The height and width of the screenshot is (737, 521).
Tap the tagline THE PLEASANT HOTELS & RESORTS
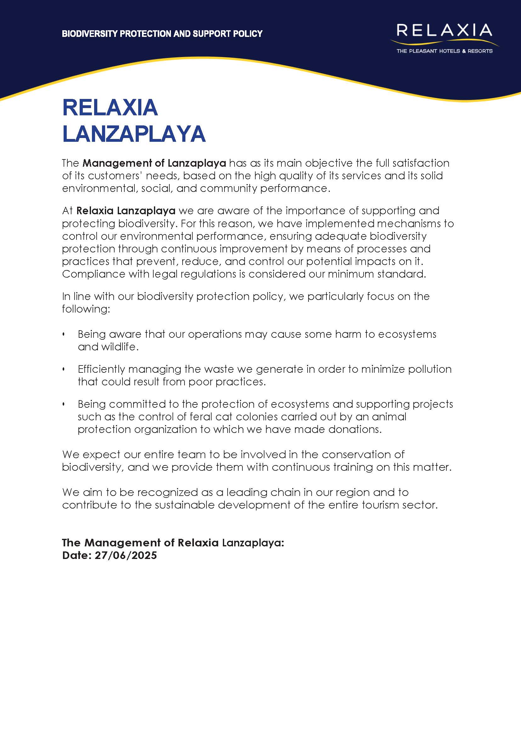pos(444,51)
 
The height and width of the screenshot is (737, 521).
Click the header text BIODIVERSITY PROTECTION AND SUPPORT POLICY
pos(162,34)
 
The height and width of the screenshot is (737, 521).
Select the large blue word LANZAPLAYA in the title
pos(134,134)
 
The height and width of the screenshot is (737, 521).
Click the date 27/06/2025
pos(125,555)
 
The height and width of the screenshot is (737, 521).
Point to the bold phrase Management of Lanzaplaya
pos(154,163)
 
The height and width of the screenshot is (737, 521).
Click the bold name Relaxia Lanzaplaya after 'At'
pos(126,211)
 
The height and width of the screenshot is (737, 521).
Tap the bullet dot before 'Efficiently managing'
pos(64,369)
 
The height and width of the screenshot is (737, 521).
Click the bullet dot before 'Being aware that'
pos(64,334)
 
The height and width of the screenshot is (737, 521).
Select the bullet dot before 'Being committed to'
pos(64,404)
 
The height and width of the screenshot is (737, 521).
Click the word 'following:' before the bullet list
pos(86,309)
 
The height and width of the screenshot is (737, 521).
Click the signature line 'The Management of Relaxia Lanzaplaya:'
pos(173,543)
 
